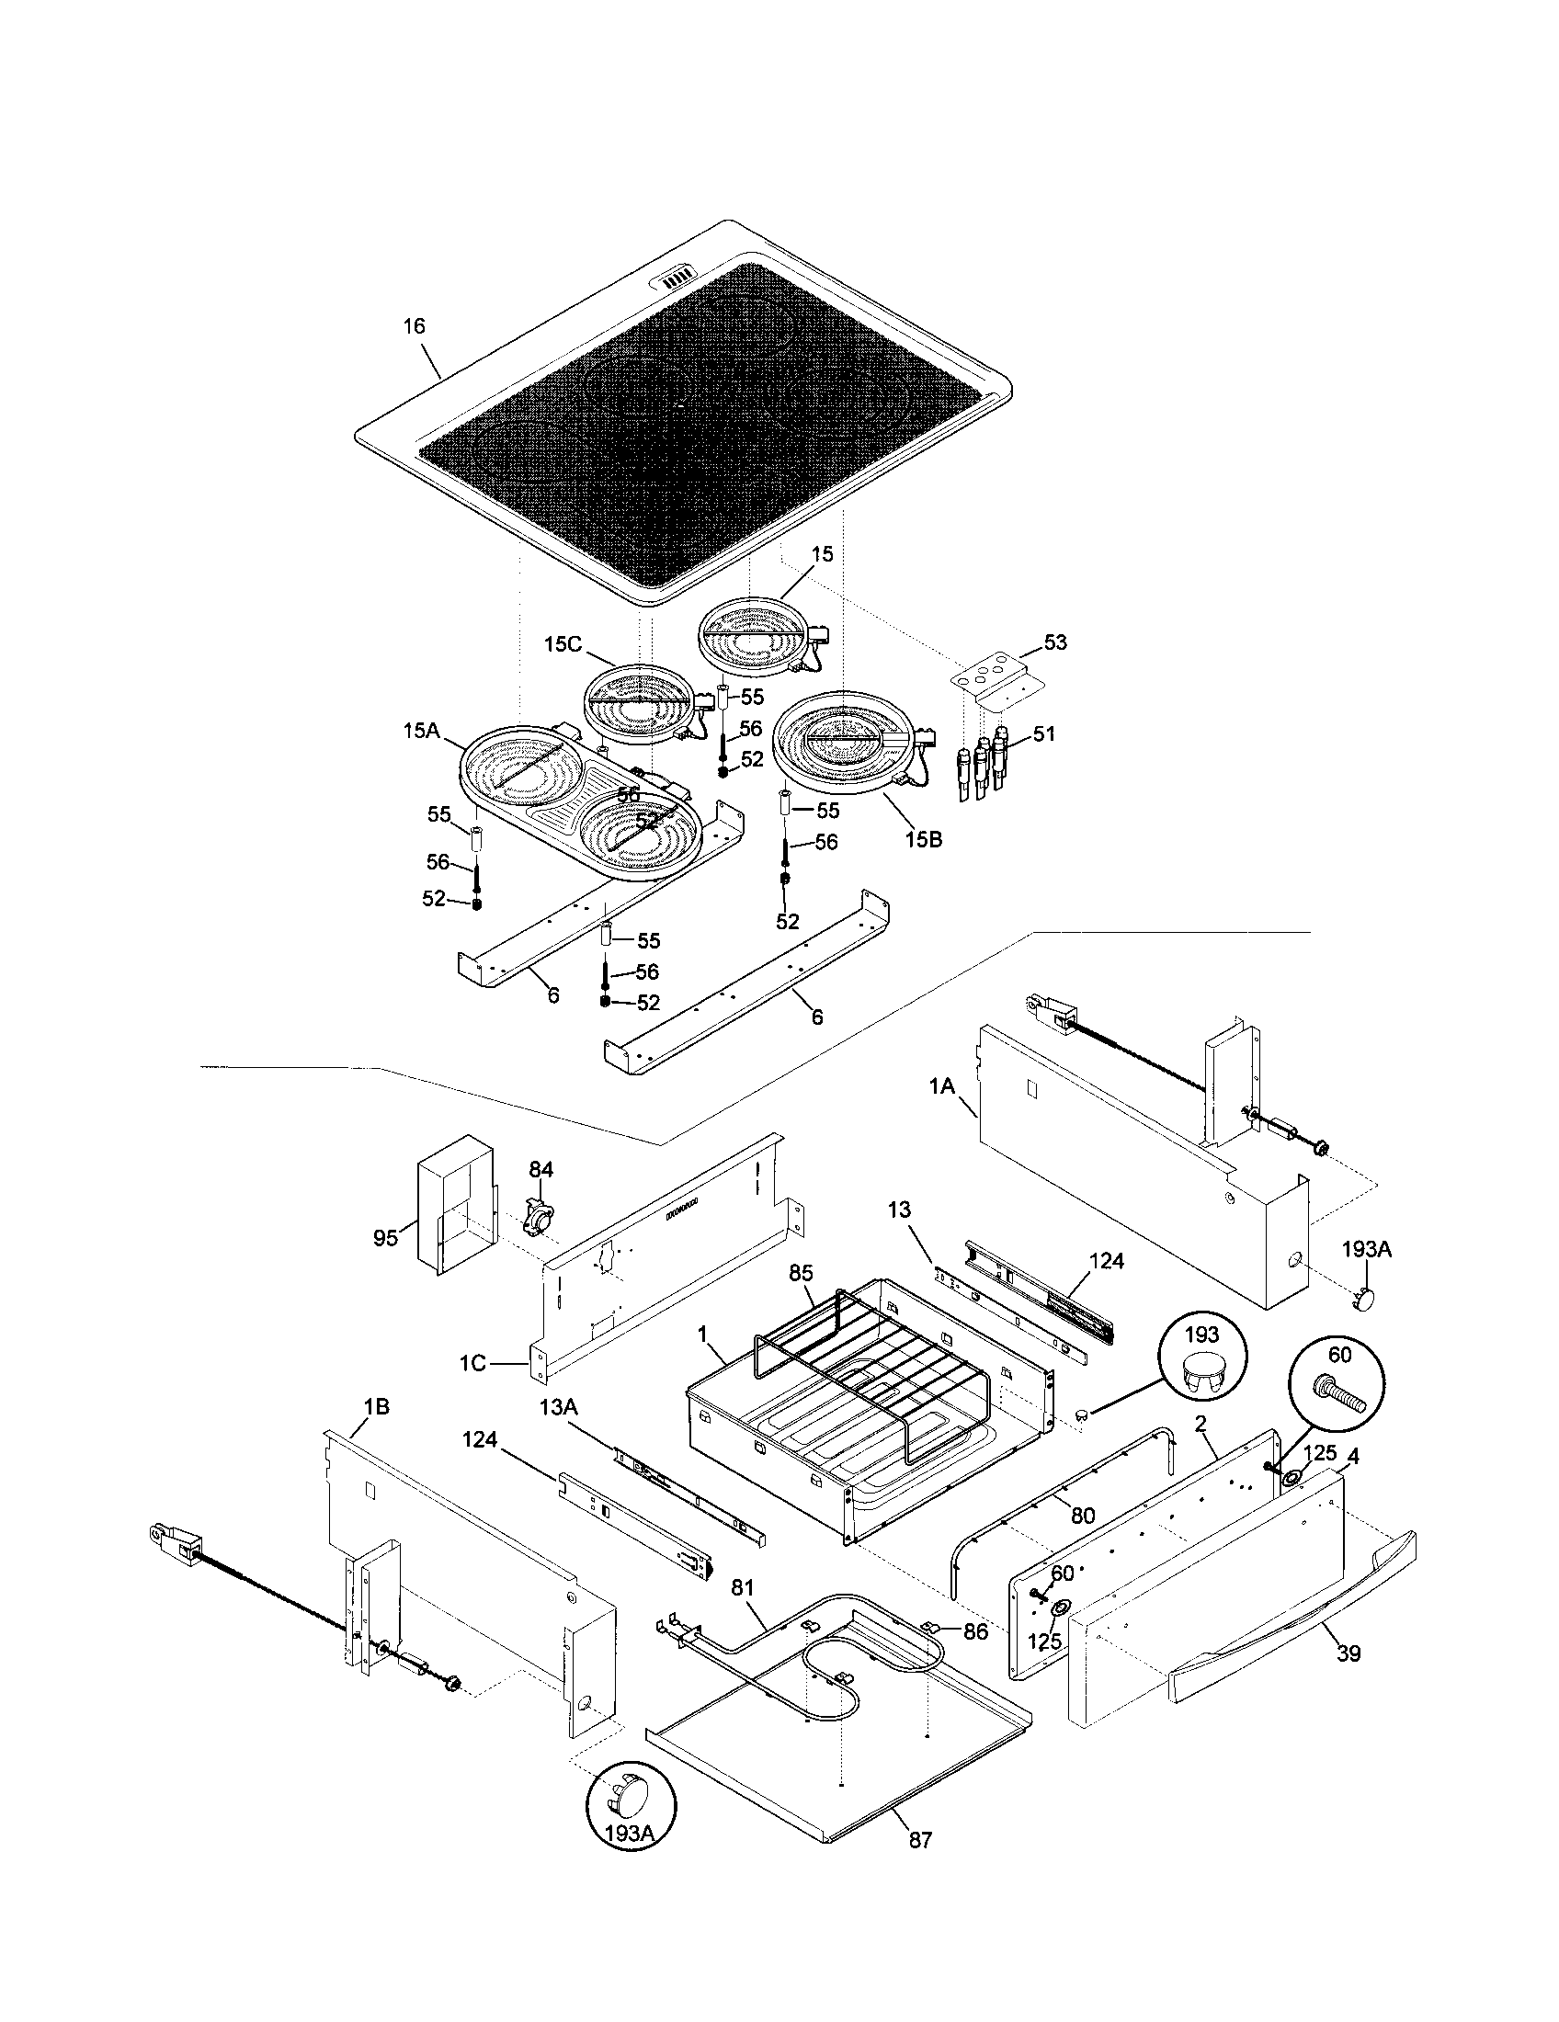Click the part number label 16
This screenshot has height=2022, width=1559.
(x=414, y=326)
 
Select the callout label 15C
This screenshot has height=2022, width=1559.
(x=562, y=644)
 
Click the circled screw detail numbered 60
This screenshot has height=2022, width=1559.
(x=1338, y=1386)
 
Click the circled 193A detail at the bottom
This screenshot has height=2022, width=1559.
(x=631, y=1805)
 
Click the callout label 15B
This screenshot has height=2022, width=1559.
(x=923, y=840)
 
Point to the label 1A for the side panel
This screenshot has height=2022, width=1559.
(x=941, y=1086)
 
